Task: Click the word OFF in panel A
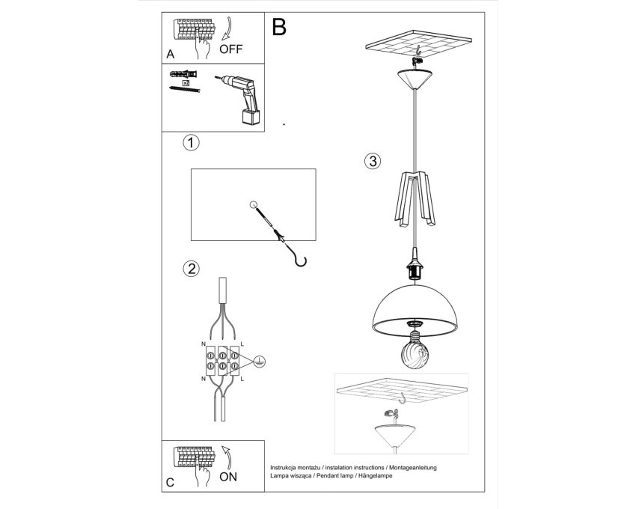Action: click(x=230, y=49)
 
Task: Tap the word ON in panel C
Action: click(x=228, y=477)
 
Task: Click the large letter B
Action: click(x=279, y=27)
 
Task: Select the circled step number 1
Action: click(x=191, y=143)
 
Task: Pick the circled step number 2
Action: click(x=191, y=269)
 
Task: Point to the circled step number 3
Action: click(x=373, y=161)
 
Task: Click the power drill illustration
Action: click(x=242, y=98)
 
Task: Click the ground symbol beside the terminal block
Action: click(x=258, y=361)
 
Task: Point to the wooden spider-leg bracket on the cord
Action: click(x=415, y=199)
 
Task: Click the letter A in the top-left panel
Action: click(x=171, y=55)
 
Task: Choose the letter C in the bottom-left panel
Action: click(x=171, y=482)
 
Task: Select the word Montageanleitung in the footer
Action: click(x=412, y=468)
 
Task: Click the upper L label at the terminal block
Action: click(x=242, y=344)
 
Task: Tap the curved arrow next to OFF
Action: click(x=228, y=28)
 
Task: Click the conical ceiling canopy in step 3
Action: click(x=415, y=79)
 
